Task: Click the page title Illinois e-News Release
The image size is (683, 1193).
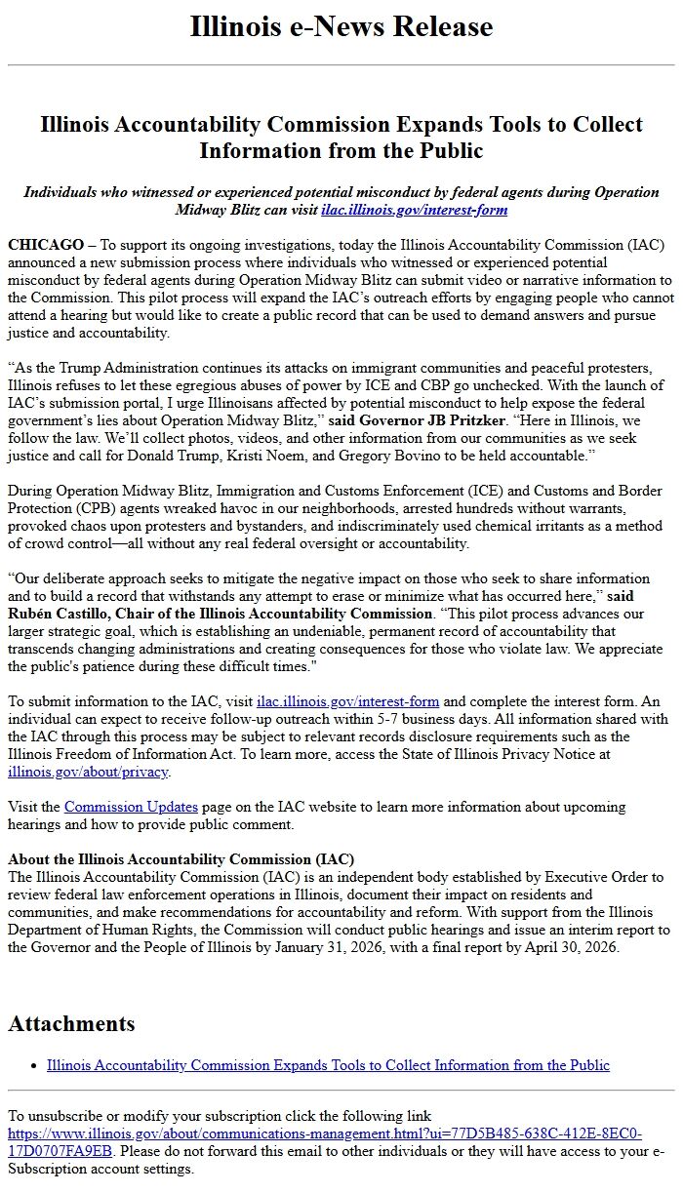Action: (341, 27)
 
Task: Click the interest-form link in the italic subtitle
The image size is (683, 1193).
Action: (414, 210)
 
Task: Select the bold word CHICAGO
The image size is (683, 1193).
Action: (45, 245)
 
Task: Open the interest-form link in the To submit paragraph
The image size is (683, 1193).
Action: (347, 701)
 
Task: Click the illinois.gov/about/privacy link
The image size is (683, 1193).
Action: (88, 772)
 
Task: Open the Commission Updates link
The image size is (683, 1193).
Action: (131, 807)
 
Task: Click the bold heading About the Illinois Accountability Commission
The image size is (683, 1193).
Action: (181, 859)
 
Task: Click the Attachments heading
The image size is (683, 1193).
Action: (71, 1023)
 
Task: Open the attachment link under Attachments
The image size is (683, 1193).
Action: (328, 1065)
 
